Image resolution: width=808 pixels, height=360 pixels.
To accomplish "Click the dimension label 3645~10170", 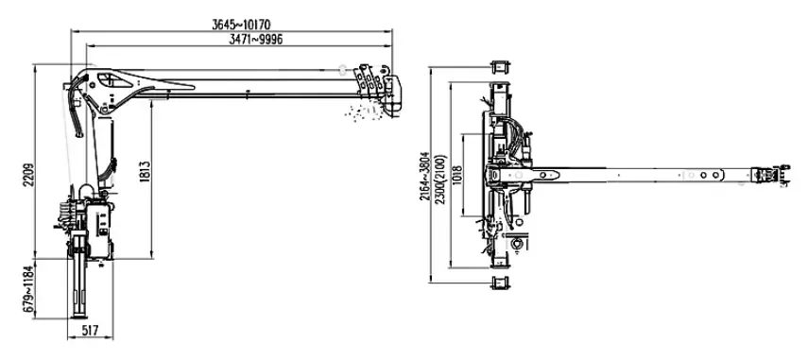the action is [x=241, y=25].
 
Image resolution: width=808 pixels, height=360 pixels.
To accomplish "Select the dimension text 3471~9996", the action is [x=255, y=39].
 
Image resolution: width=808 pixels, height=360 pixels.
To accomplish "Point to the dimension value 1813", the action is [x=145, y=172].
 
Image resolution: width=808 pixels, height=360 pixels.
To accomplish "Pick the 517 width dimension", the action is [x=90, y=330].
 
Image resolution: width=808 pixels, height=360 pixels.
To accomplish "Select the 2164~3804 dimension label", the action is [x=424, y=176].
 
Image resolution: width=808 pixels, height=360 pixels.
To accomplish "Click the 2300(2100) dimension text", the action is [x=441, y=180].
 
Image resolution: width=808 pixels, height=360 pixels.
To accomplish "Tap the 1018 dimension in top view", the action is [x=456, y=175].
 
